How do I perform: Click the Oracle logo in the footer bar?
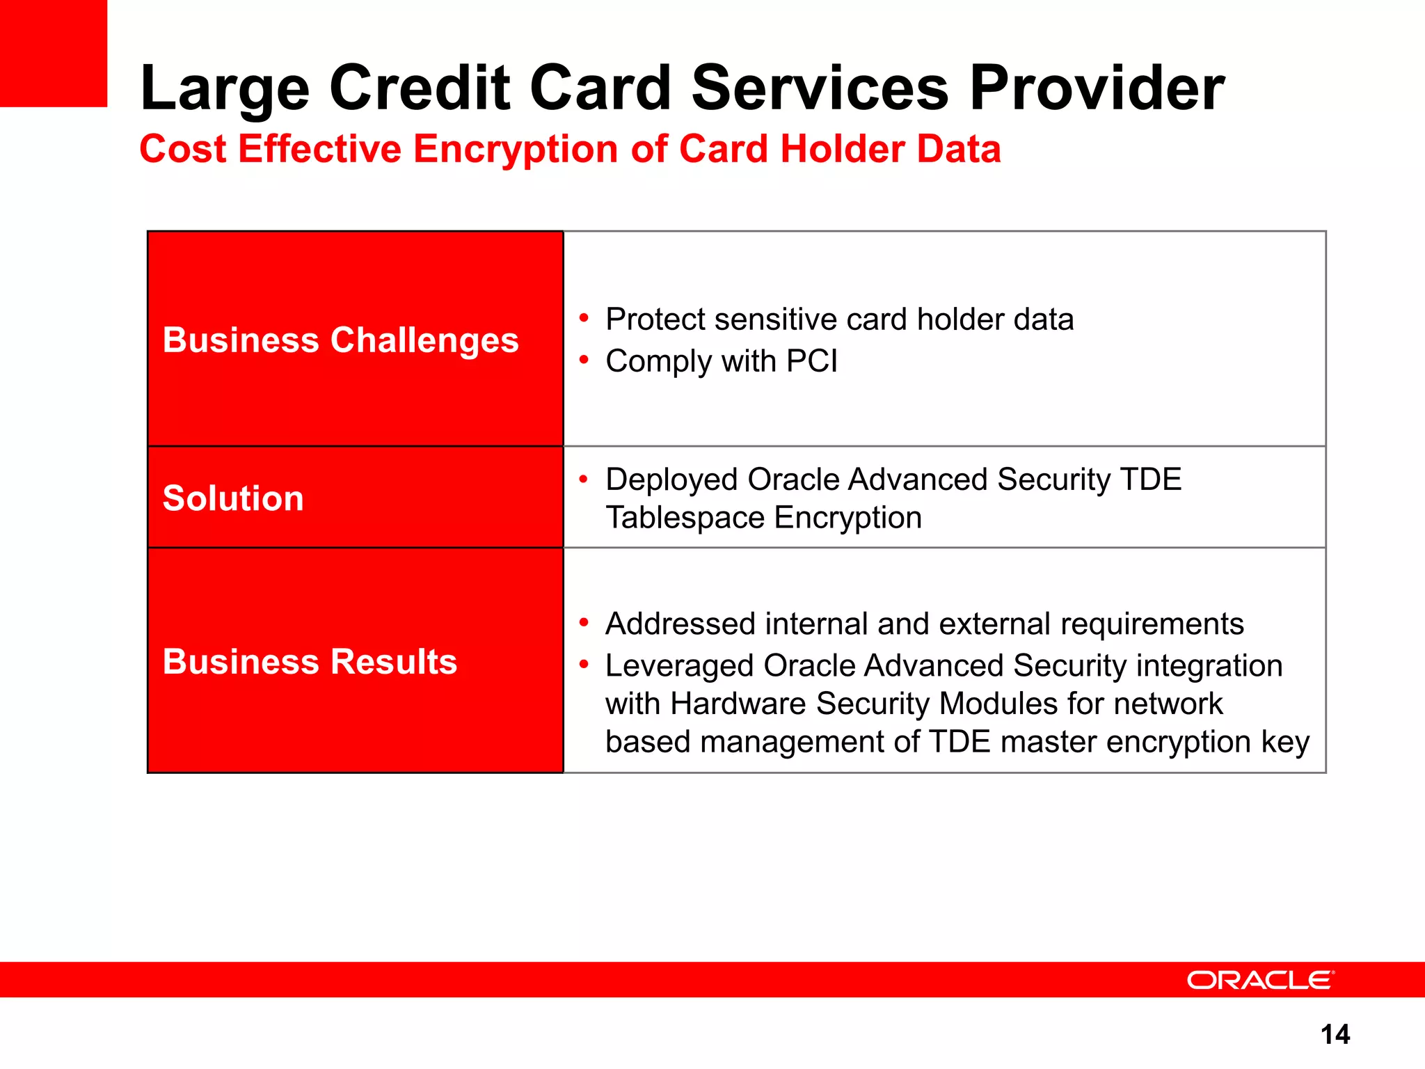(1260, 980)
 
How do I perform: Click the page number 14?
(1335, 1034)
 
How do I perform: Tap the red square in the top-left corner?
(53, 53)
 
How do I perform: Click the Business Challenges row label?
(340, 340)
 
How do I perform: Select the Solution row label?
(233, 498)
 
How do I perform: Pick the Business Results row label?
(310, 661)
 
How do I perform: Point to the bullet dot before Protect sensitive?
(584, 319)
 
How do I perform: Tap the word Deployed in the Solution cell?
(671, 480)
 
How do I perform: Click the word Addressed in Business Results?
(680, 624)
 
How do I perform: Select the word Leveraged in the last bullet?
(679, 666)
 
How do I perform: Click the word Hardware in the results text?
(738, 704)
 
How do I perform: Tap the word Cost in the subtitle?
(183, 150)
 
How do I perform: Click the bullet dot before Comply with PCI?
(584, 361)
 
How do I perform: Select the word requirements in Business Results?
(1152, 624)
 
